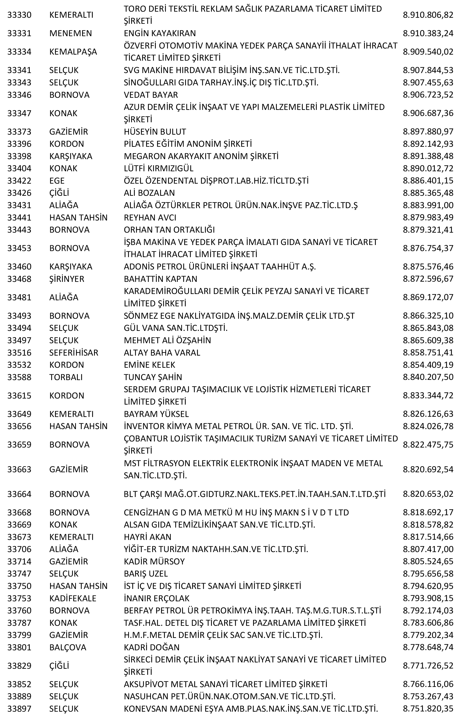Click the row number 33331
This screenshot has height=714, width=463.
(19, 33)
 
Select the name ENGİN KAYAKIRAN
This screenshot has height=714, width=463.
(160, 33)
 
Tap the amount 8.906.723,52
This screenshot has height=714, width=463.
(428, 95)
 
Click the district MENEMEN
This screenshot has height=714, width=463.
(71, 33)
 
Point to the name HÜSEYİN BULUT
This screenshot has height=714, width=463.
(155, 132)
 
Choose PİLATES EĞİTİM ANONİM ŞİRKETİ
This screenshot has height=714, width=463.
(188, 144)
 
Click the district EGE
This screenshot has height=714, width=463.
(57, 181)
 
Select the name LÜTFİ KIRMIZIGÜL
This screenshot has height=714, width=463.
(159, 168)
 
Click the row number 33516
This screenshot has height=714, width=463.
(19, 353)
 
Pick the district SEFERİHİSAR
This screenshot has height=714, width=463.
(74, 353)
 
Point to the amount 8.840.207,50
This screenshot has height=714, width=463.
(428, 377)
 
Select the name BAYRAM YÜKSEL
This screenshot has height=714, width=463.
(156, 414)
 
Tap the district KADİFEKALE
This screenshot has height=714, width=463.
(73, 598)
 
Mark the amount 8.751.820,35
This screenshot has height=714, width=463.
(428, 709)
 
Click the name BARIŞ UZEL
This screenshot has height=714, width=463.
(146, 574)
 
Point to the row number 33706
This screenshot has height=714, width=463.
(19, 549)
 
